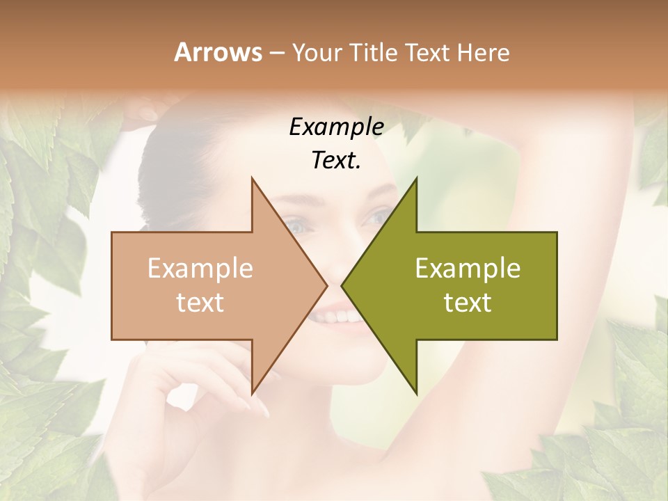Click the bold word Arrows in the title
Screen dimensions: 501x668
pos(218,52)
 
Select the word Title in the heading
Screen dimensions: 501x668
pos(376,52)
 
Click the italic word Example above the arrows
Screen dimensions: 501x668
pos(336,127)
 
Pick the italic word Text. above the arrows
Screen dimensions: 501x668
pos(336,161)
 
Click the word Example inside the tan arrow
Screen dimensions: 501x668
pos(200,268)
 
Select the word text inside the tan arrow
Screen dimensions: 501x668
pos(200,303)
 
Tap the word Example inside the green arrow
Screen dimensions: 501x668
pos(468,268)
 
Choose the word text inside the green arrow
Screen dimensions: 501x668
pos(468,303)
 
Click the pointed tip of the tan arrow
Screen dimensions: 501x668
pos(326,285)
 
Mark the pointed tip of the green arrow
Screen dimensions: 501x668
pos(342,285)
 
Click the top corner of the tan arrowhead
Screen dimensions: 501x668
pos(252,178)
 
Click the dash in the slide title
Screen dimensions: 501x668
pos(276,53)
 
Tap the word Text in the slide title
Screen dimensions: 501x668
pos(428,52)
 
